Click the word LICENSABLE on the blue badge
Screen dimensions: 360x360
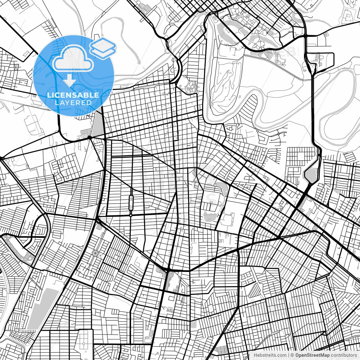click(73, 95)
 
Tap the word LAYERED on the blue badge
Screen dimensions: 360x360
click(73, 103)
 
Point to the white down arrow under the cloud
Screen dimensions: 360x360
click(69, 80)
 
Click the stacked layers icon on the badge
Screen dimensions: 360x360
click(103, 48)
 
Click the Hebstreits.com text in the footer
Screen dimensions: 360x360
click(270, 355)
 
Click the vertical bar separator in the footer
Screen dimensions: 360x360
click(289, 355)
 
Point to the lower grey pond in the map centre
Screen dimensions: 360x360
click(210, 217)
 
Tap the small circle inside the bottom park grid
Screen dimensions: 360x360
click(84, 344)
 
